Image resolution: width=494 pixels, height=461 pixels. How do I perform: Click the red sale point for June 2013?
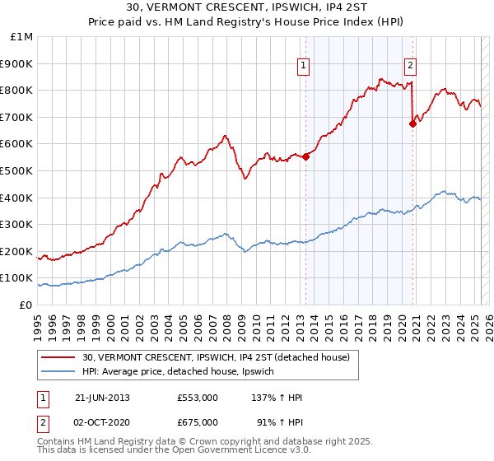click(305, 156)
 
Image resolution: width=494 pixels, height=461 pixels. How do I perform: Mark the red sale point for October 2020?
click(412, 123)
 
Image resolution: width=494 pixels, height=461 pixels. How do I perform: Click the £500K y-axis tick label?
click(16, 170)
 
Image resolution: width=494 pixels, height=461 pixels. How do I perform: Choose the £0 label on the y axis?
click(26, 305)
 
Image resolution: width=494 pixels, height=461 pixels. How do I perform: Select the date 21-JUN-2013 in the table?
click(102, 398)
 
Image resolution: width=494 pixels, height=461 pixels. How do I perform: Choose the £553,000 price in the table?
click(198, 398)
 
